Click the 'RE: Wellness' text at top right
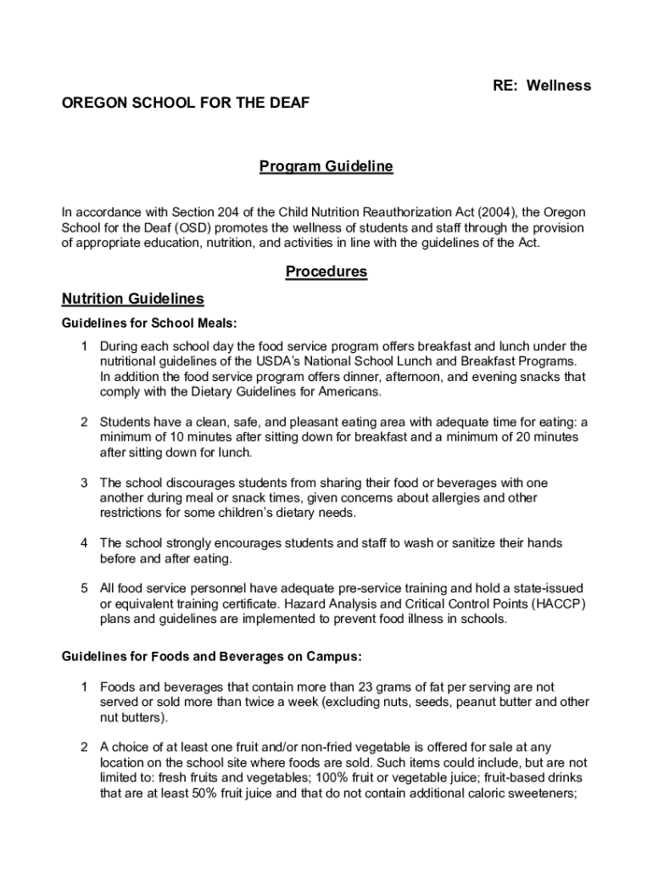click(542, 86)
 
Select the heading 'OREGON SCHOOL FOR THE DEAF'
click(186, 104)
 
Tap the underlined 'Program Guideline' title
click(326, 166)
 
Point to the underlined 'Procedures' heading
click(326, 272)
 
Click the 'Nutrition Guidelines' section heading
click(133, 299)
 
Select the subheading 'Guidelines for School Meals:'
click(149, 323)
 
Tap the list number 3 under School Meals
click(84, 483)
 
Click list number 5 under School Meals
click(84, 588)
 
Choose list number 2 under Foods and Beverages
click(84, 747)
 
